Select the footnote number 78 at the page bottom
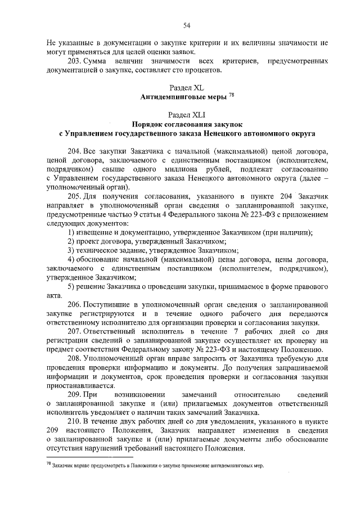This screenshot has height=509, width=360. pyautogui.click(x=48, y=465)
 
